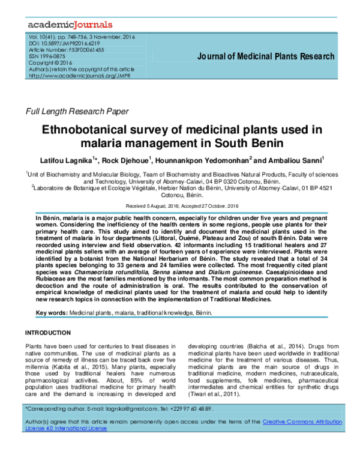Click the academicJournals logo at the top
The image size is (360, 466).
[70, 25]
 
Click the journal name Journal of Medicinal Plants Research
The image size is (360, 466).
[266, 57]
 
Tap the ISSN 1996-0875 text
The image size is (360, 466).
[47, 56]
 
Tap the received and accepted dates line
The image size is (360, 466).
[179, 204]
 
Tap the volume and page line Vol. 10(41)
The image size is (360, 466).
[74, 37]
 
